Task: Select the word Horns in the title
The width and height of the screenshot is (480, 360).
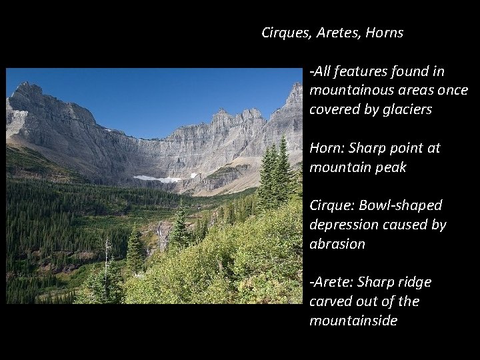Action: (x=385, y=33)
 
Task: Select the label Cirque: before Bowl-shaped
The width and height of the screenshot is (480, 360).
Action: (x=331, y=205)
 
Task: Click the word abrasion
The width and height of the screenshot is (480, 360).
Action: (x=337, y=244)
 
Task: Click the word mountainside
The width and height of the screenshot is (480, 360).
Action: (x=353, y=321)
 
